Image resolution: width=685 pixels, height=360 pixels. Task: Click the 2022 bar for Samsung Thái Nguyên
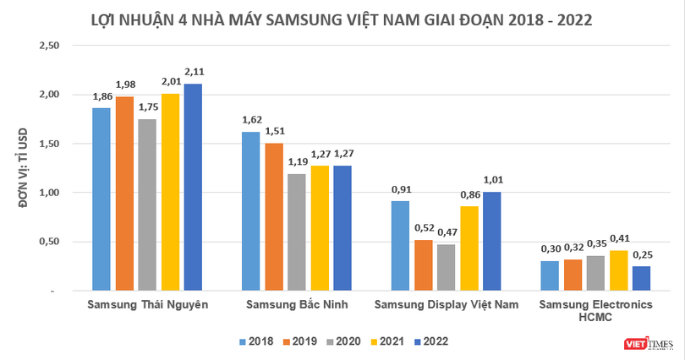194,187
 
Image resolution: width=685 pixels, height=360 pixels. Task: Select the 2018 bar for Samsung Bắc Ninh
251,210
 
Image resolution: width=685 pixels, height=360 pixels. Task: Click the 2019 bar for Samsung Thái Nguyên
124,194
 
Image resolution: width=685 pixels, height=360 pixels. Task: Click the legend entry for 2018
255,341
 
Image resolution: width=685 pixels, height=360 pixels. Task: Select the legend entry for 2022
431,341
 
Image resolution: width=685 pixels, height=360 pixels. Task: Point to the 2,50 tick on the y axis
52,46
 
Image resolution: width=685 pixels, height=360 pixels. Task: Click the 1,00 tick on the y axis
52,193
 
